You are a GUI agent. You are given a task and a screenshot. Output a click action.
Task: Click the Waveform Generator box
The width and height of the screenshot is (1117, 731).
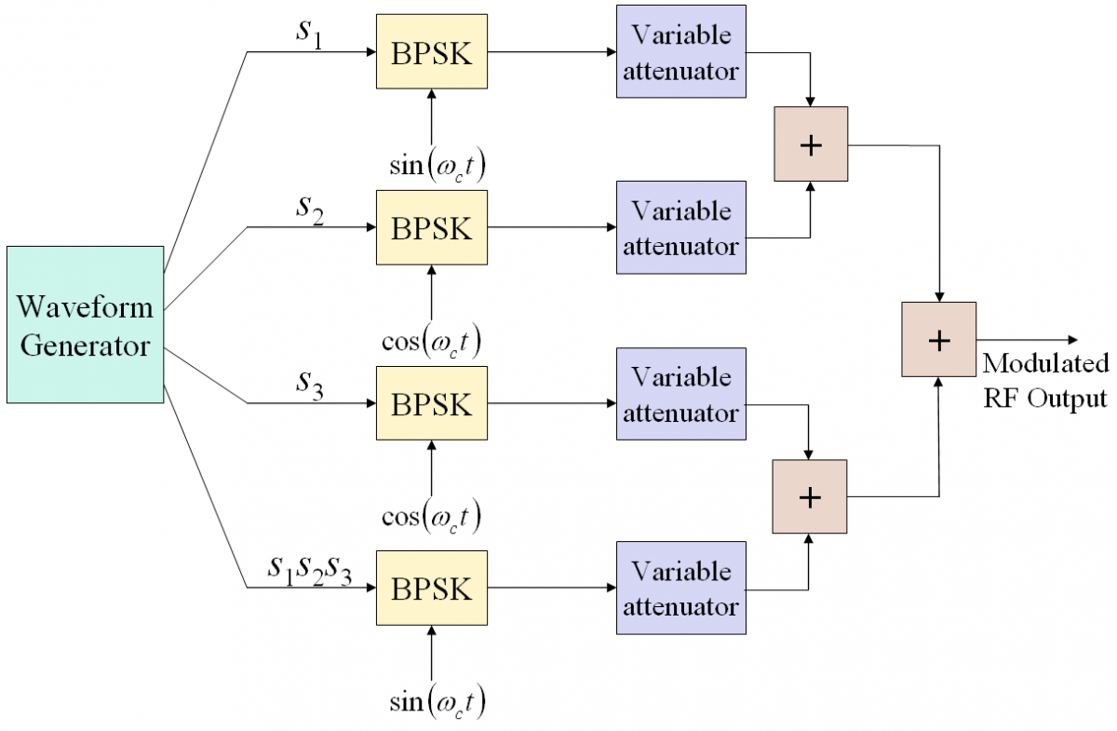point(86,324)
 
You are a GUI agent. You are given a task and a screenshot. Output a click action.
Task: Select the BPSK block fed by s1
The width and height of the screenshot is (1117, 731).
point(432,51)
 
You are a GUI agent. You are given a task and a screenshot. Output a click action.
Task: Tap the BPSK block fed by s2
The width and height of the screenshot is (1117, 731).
point(432,227)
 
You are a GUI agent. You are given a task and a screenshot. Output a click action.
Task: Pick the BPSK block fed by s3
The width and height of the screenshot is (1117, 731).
point(432,403)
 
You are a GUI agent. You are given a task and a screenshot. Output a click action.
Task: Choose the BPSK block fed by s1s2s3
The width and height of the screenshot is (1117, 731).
point(432,588)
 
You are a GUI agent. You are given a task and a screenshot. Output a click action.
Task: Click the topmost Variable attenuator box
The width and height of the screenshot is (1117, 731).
point(681,51)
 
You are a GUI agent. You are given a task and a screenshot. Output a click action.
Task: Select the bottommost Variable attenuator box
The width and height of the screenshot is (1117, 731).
point(681,588)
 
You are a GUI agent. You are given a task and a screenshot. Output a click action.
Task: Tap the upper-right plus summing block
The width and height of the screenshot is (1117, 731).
point(811,143)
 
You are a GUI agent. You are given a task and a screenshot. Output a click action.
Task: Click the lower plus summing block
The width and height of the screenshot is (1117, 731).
point(810,496)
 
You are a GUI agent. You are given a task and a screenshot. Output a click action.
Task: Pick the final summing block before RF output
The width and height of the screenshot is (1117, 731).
point(939,339)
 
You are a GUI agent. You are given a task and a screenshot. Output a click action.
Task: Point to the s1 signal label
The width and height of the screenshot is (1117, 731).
point(309,33)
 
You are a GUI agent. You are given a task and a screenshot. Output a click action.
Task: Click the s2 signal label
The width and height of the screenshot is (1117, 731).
point(310,210)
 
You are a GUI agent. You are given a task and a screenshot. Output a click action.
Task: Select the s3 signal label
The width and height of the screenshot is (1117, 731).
point(310,386)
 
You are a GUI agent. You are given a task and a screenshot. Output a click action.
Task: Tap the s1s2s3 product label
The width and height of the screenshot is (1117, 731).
point(310,570)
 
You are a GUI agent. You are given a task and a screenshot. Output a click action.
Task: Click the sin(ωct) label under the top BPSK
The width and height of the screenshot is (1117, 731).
point(437,165)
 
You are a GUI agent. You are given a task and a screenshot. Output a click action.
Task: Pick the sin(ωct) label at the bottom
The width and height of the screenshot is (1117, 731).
point(437,702)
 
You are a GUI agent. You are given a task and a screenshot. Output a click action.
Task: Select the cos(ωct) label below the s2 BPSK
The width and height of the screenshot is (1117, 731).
point(431,342)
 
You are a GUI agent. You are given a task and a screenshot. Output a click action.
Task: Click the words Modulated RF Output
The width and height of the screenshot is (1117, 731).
point(1045,381)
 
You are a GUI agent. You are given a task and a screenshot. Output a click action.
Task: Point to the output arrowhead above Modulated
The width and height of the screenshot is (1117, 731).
point(1072,340)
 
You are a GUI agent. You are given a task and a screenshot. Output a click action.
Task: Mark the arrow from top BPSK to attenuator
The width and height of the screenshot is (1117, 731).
point(552,52)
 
